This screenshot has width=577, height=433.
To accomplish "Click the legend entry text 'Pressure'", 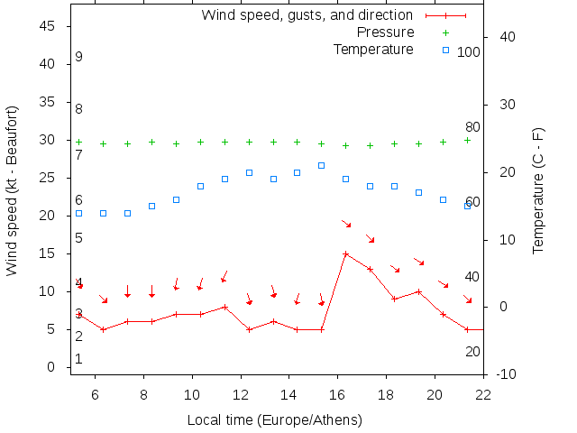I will click(385, 32).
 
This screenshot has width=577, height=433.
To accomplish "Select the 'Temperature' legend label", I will click(373, 49).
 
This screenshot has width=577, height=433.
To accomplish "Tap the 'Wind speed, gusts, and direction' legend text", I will click(307, 15).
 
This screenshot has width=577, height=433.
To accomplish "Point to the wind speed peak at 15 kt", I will click(345, 253).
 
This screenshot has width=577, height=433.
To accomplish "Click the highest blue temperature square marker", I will click(321, 165).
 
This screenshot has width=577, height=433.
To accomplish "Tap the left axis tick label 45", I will click(49, 26).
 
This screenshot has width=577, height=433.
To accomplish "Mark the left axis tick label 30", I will click(49, 140).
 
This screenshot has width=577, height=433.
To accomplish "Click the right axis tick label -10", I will click(504, 374).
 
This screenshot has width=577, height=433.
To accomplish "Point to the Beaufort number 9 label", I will click(79, 57).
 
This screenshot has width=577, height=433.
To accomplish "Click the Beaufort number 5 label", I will click(79, 238).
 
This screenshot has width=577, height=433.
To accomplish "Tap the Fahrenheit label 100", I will click(469, 52).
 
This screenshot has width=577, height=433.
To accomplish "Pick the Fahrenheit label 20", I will click(472, 351).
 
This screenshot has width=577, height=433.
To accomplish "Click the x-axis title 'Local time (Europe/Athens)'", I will click(274, 420).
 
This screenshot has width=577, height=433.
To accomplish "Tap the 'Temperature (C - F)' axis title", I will click(538, 190).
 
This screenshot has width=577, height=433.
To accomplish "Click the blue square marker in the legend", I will click(445, 50).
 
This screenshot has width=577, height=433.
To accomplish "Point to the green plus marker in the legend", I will click(445, 32).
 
